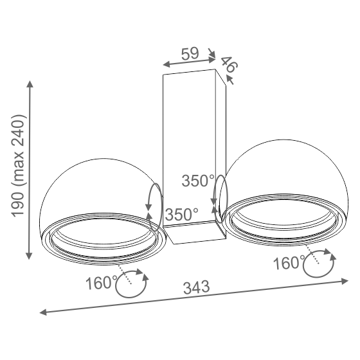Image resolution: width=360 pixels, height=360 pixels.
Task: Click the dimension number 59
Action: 190,54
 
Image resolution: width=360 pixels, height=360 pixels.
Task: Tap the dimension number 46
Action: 230,64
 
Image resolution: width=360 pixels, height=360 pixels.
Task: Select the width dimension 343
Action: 197,287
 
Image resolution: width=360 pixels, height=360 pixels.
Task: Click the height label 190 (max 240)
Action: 18,166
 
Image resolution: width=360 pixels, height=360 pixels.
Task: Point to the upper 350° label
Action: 198,181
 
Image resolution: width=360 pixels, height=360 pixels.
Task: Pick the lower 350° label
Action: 181,215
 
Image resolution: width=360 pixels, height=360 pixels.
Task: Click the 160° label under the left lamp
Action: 102,283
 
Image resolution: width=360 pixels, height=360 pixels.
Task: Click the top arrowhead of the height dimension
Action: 30,84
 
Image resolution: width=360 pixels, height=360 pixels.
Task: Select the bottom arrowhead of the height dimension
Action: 29,256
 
